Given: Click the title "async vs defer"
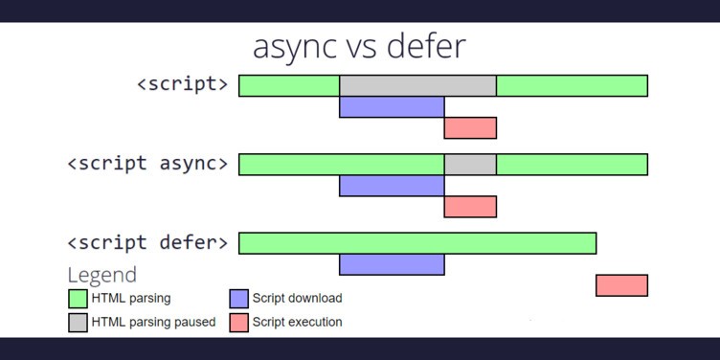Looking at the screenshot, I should click(x=359, y=46).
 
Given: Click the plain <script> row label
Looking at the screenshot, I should click(x=183, y=84).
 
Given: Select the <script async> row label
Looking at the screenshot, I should click(x=148, y=163).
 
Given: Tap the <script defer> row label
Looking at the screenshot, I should click(x=148, y=242).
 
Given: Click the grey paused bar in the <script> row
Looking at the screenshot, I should click(x=417, y=85).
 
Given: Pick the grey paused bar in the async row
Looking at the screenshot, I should click(x=470, y=164).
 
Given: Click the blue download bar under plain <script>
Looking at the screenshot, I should click(x=392, y=106).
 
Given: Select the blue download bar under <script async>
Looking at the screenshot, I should click(x=392, y=186).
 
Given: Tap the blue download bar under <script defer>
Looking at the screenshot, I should click(x=392, y=264).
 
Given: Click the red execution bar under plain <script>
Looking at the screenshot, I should click(x=470, y=127).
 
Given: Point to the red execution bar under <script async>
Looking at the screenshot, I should click(x=470, y=207).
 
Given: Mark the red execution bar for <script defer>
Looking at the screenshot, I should click(x=621, y=285).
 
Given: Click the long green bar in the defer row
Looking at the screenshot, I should click(x=417, y=243).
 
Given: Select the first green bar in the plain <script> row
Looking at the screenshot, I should click(x=289, y=85).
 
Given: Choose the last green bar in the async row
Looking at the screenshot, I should click(x=572, y=164).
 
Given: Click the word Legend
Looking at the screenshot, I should click(x=101, y=275).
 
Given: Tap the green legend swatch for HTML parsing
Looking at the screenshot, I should click(x=78, y=299).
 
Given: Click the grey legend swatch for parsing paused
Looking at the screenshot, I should click(x=78, y=323).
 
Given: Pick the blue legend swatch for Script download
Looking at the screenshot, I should click(x=239, y=299).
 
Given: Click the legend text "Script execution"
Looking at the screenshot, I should click(x=297, y=323).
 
